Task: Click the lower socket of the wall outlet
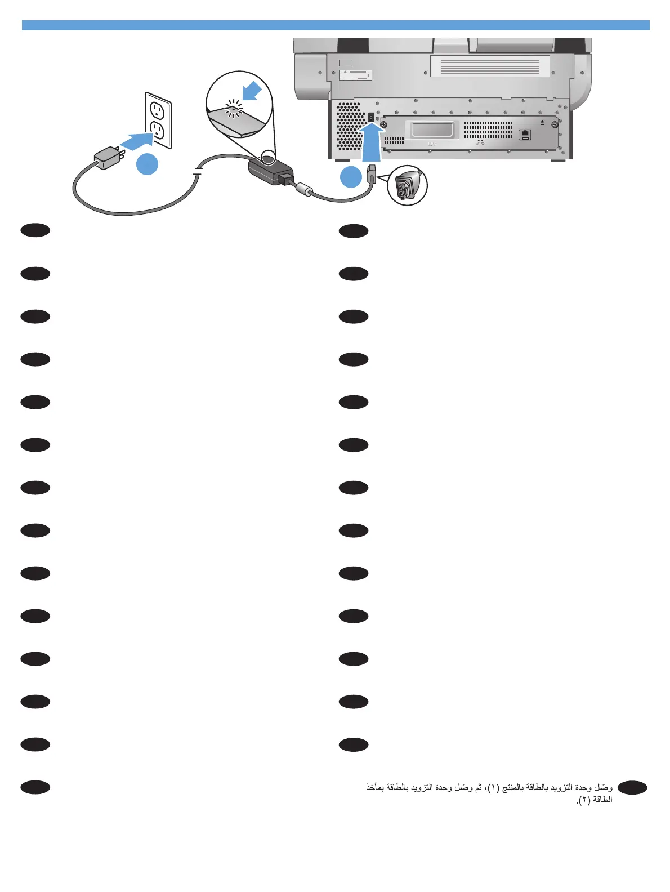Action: [x=159, y=131]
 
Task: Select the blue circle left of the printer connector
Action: [x=351, y=176]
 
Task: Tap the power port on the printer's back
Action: [x=371, y=118]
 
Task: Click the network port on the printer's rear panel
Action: [x=525, y=135]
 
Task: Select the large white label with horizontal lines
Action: [x=490, y=66]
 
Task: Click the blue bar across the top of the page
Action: [x=336, y=25]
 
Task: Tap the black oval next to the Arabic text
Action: [x=632, y=788]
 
